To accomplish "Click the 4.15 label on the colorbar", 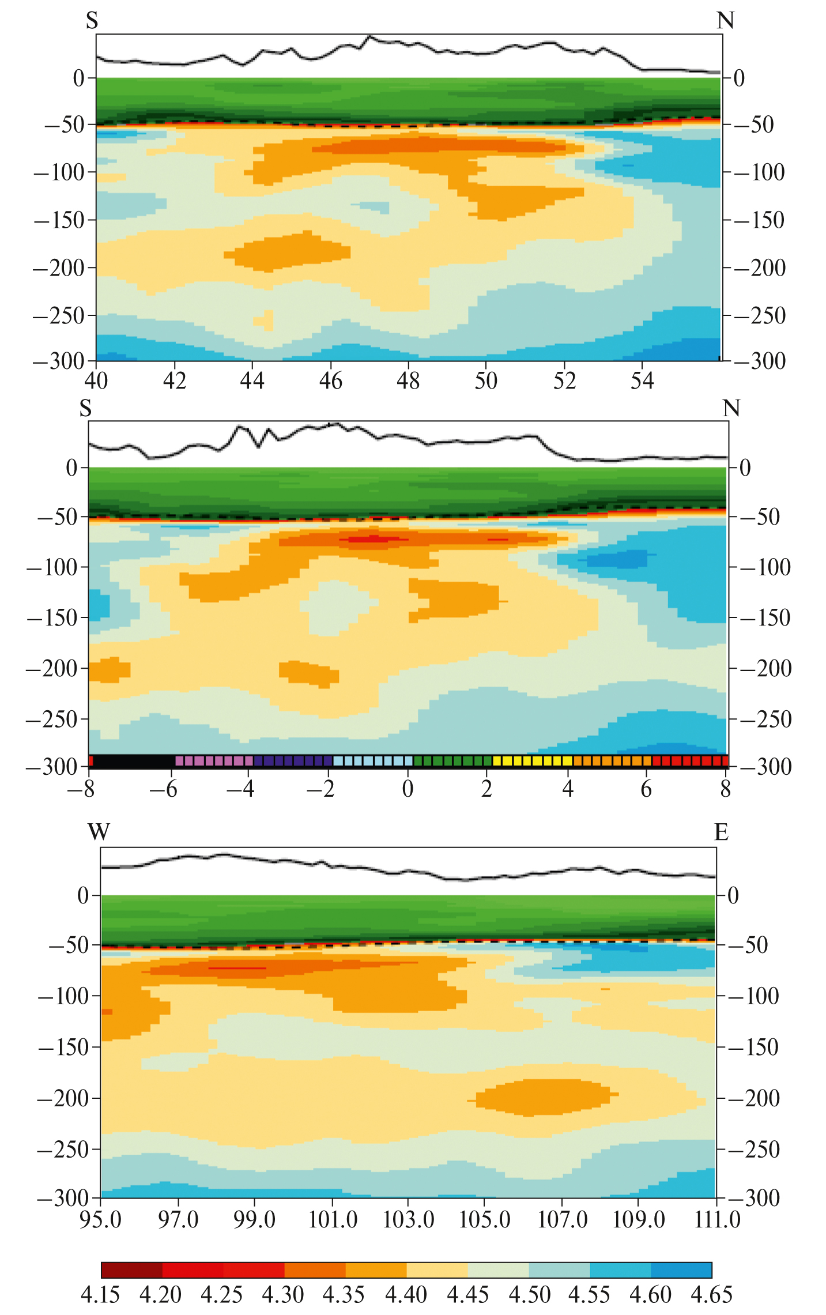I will pyautogui.click(x=100, y=1294).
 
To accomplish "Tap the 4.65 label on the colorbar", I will pyautogui.click(x=711, y=1294).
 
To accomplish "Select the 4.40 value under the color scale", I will pyautogui.click(x=406, y=1294).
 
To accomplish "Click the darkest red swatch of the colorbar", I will pyautogui.click(x=131, y=1270).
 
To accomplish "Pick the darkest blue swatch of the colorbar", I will pyautogui.click(x=681, y=1270).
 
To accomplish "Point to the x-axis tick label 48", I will pyautogui.click(x=408, y=381).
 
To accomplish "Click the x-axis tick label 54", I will pyautogui.click(x=642, y=381).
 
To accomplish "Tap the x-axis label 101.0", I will pyautogui.click(x=333, y=1219).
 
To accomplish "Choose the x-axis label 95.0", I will pyautogui.click(x=100, y=1219).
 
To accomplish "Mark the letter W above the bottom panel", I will pyautogui.click(x=99, y=832).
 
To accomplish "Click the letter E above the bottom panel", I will pyautogui.click(x=721, y=832).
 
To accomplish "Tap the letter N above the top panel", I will pyautogui.click(x=725, y=21).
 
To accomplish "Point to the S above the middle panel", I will pyautogui.click(x=86, y=408).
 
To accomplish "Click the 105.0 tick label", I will pyautogui.click(x=485, y=1219).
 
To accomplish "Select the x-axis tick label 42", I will pyautogui.click(x=174, y=381).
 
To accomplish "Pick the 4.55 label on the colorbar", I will pyautogui.click(x=589, y=1294).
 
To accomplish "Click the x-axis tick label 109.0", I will pyautogui.click(x=639, y=1219).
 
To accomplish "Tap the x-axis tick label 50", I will pyautogui.click(x=486, y=381).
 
